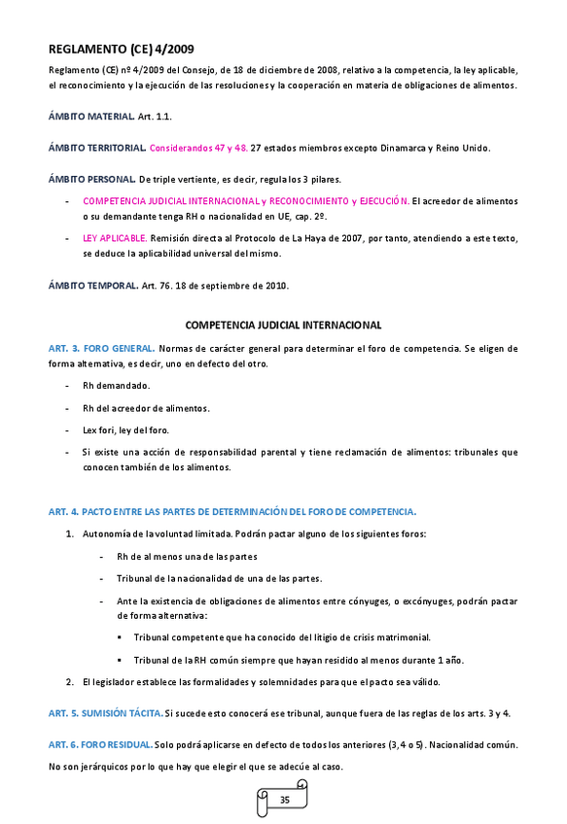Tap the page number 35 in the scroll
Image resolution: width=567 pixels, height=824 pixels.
[284, 799]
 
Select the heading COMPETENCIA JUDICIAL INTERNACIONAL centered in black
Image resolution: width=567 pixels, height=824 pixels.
[283, 325]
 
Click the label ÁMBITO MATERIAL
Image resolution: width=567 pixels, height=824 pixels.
[91, 117]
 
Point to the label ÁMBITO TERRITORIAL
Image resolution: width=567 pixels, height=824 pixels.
[97, 148]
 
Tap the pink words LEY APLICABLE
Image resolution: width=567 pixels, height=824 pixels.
[115, 237]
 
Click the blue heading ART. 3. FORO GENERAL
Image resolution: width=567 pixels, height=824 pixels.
[102, 348]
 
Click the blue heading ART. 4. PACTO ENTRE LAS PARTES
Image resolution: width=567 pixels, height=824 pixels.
[232, 511]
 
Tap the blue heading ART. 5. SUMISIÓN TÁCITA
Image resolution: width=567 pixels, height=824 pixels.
[105, 712]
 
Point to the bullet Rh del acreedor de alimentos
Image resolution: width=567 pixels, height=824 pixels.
[146, 408]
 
